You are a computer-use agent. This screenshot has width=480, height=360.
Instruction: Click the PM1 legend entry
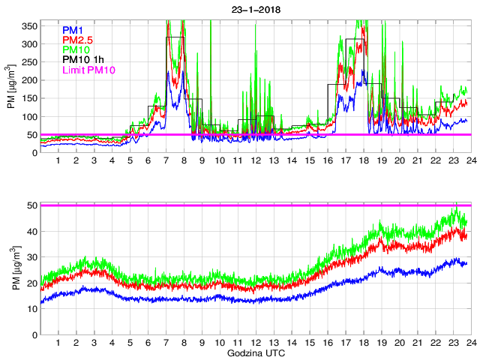coord(73,30)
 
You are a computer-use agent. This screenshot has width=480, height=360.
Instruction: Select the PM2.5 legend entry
coord(77,40)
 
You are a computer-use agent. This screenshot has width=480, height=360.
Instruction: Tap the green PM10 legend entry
coord(76,50)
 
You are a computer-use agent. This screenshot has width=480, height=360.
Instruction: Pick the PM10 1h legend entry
coord(82,60)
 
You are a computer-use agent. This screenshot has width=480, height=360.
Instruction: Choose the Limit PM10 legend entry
coord(88,70)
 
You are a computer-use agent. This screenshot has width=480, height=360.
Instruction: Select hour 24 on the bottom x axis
coord(470,343)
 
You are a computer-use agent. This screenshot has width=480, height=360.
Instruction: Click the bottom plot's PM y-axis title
coord(11,269)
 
